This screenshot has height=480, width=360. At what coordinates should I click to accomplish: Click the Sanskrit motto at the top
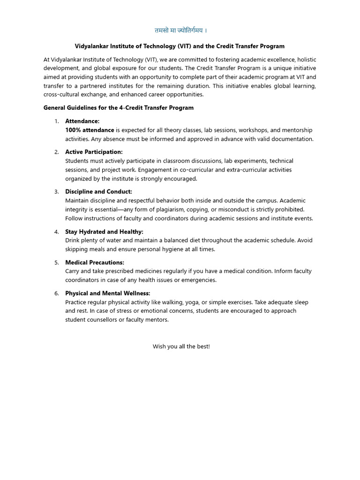(180, 30)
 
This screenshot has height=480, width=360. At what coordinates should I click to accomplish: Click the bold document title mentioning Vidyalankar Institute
(180, 46)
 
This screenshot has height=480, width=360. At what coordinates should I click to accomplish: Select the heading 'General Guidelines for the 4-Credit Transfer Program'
(119, 108)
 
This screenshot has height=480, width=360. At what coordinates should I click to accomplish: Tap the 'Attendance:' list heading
(82, 121)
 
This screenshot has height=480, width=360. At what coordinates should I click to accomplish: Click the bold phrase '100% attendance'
(90, 130)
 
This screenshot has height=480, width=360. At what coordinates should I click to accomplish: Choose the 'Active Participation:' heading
(94, 152)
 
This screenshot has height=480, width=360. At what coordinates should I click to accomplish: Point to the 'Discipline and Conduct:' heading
(98, 192)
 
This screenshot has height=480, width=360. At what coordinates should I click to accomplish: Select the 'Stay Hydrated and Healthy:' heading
(104, 232)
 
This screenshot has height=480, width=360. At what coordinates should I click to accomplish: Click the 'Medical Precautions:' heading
(95, 262)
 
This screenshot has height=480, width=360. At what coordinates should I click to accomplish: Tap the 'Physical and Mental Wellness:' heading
(107, 293)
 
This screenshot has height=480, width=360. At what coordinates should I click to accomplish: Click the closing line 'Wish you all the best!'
(181, 346)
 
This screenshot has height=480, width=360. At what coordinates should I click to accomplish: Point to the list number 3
(56, 192)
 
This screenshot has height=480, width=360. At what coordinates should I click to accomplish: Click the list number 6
(56, 293)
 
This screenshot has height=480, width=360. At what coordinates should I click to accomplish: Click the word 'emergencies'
(199, 280)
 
